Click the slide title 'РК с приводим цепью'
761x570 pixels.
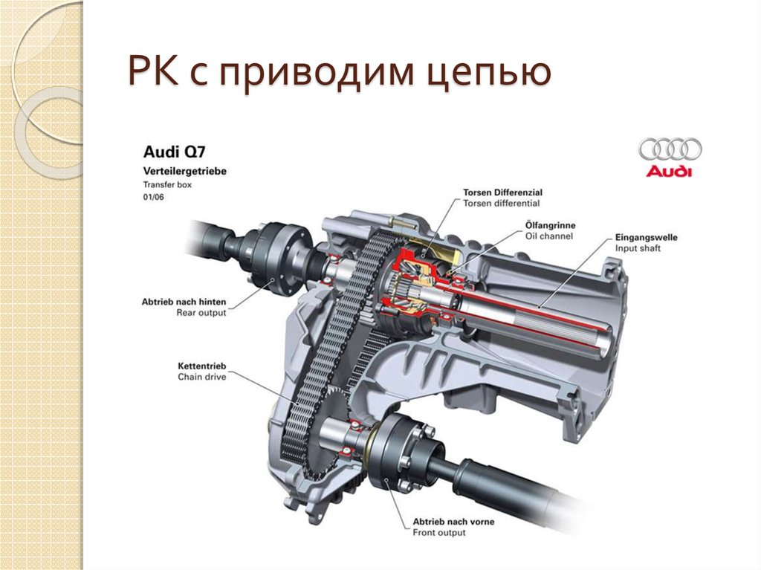[339, 72]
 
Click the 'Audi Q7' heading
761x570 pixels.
[174, 152]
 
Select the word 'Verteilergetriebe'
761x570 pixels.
[185, 171]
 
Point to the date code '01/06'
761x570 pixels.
[153, 197]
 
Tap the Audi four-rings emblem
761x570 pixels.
[670, 149]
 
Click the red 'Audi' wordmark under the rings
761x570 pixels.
[668, 171]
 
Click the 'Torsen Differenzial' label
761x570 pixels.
[503, 192]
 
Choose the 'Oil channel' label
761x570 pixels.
[549, 236]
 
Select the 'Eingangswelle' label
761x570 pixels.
[646, 237]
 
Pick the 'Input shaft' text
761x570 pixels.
[638, 248]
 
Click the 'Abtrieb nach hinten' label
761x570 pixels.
[184, 302]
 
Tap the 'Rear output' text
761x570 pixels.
[201, 313]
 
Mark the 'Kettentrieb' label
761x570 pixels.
[202, 366]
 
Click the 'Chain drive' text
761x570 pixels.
[202, 376]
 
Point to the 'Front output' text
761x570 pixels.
[438, 533]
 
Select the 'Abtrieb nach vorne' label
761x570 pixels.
[453, 522]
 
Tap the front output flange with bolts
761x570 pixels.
[405, 453]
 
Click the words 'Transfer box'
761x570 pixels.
[167, 184]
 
